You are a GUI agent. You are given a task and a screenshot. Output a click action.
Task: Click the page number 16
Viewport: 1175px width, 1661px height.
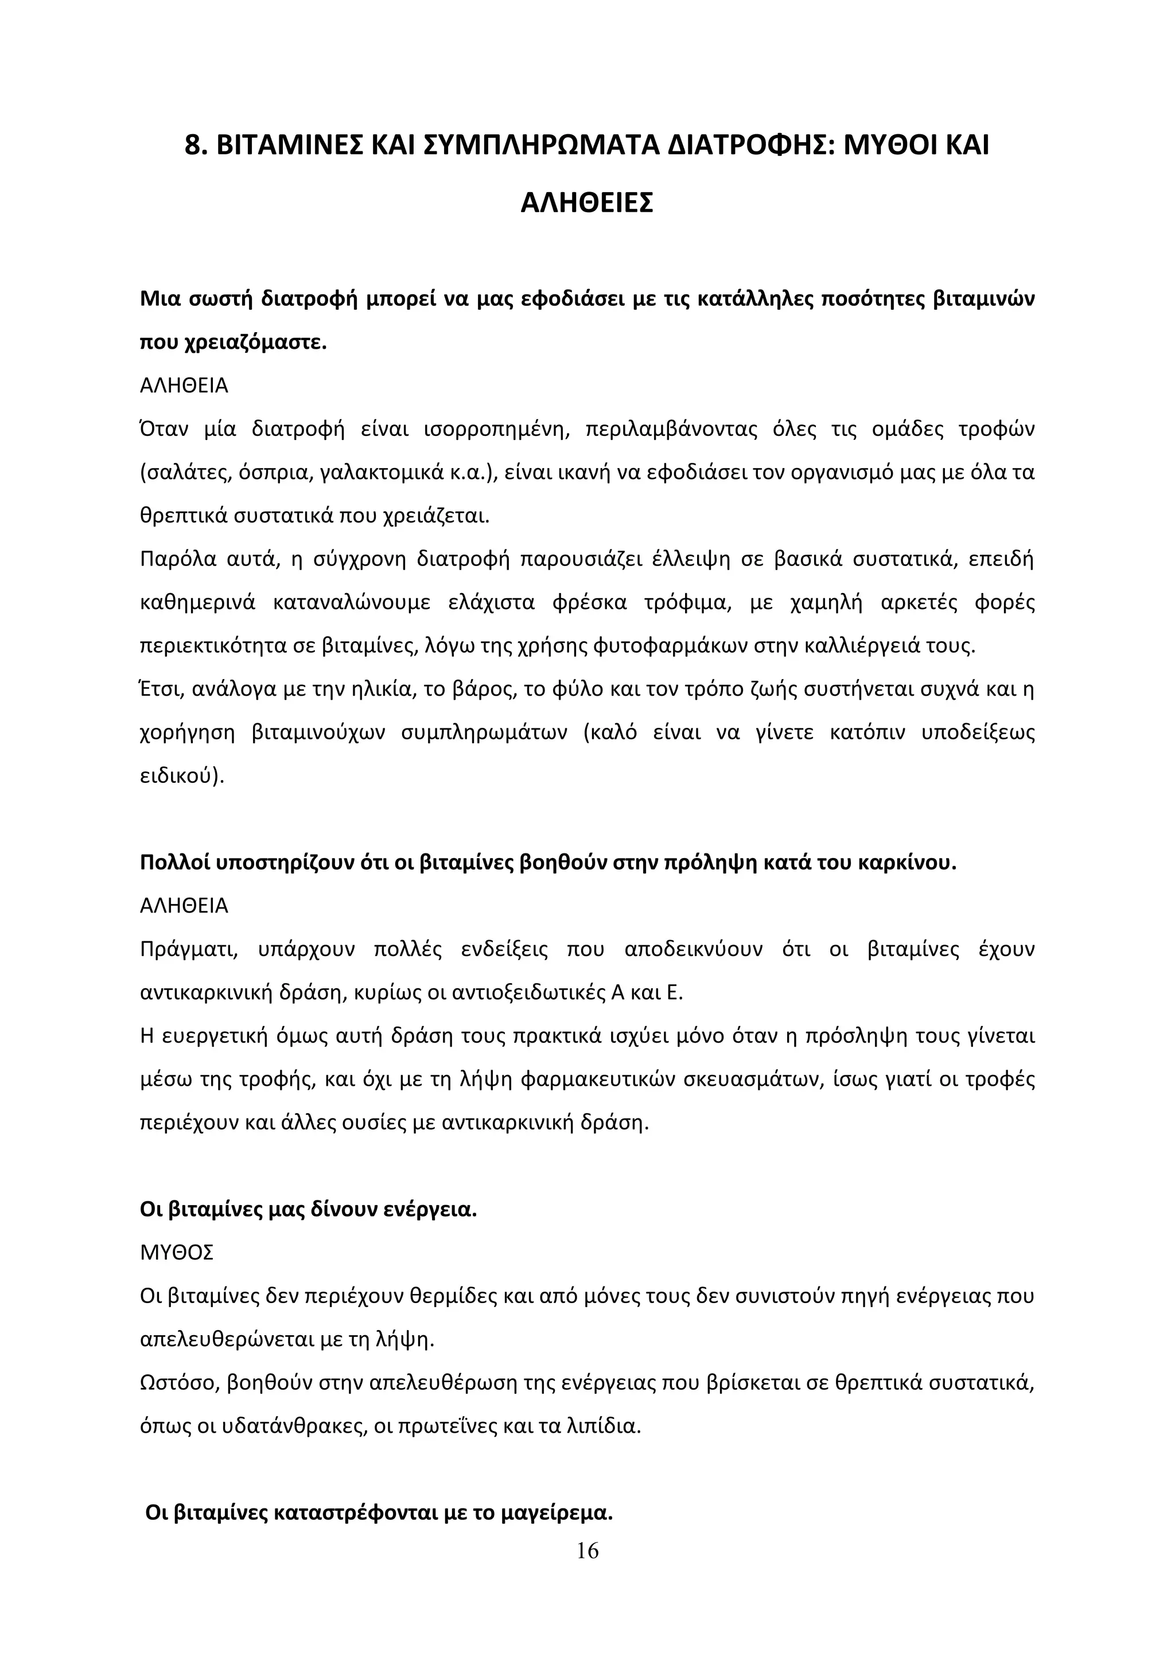pyautogui.click(x=587, y=1550)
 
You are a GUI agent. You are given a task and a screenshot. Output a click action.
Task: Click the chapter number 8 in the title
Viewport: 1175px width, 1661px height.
pyautogui.click(x=192, y=146)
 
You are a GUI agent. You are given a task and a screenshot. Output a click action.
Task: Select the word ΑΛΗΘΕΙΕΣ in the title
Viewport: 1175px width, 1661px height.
pyautogui.click(x=587, y=203)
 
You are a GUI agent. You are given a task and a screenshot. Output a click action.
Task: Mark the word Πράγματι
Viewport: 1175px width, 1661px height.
pyautogui.click(x=189, y=949)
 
